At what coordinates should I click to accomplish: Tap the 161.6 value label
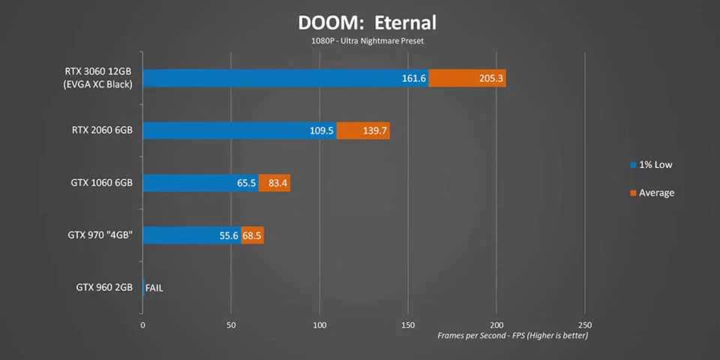coord(414,79)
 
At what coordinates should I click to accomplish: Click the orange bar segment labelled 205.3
coord(467,79)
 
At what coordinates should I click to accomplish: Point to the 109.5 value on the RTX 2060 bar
coord(321,131)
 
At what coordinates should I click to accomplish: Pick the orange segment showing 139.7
coord(363,131)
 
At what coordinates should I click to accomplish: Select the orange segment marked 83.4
coord(274,183)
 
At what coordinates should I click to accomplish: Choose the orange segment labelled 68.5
coord(253,235)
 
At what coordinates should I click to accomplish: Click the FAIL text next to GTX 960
coord(154,287)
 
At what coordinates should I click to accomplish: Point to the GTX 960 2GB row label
coord(104,287)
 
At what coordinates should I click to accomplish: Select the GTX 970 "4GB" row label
coord(100,235)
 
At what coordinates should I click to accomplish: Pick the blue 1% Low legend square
coord(633,164)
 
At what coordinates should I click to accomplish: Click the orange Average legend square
coord(633,193)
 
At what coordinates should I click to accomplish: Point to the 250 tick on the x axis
coord(584,325)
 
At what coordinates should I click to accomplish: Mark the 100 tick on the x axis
coord(319,325)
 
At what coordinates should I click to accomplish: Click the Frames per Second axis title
coord(512,335)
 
